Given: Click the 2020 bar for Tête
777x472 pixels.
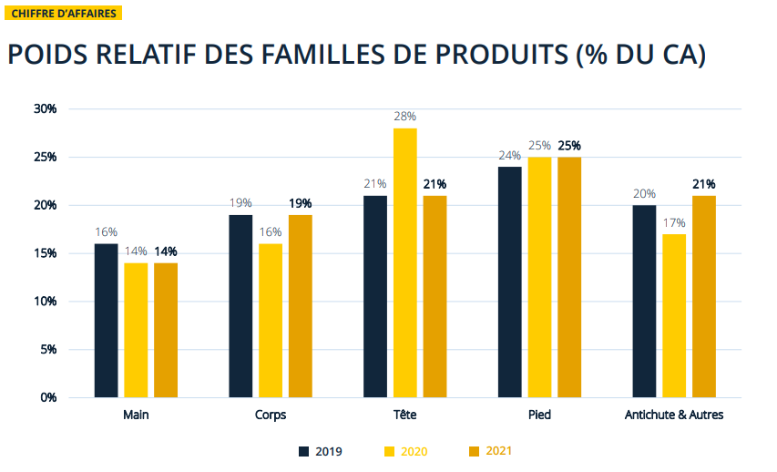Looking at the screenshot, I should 404,262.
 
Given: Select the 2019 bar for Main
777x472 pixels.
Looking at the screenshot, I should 106,320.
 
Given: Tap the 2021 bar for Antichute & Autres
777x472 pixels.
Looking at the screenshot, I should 703,296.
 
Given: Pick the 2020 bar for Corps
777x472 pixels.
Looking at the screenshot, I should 271,320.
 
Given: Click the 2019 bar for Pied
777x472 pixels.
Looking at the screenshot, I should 509,282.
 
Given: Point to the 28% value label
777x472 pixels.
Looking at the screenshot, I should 404,117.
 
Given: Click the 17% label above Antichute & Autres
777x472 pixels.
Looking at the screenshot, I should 674,222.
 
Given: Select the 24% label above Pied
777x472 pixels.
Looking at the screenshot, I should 509,155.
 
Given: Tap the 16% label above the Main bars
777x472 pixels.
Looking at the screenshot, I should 106,232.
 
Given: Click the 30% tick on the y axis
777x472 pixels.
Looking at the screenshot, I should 45,108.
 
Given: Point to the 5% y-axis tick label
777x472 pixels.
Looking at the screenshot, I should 47,349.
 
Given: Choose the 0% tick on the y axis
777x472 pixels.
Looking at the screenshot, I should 47,397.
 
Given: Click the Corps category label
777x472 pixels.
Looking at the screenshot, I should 271,415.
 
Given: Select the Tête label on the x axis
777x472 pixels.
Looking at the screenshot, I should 404,415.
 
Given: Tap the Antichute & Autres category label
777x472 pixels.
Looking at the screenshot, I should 673,415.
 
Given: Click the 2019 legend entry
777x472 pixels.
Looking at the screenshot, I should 321,450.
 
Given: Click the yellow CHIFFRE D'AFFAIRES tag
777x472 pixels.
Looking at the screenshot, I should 63,14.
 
